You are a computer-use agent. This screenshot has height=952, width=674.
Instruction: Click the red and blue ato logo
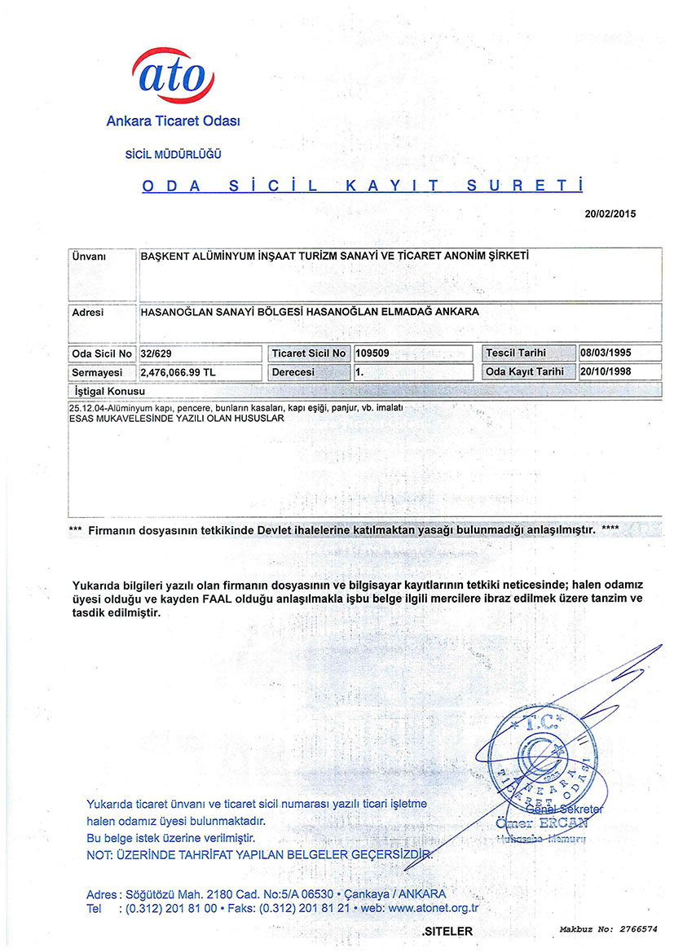[173, 75]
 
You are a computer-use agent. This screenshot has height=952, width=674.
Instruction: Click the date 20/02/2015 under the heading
[610, 214]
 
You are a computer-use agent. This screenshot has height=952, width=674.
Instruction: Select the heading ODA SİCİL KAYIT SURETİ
[363, 186]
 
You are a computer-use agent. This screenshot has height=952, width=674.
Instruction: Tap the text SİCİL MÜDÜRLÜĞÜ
[173, 154]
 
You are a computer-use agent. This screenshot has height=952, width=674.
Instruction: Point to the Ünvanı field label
[89, 256]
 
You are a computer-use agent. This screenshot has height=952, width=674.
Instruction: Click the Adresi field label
[88, 312]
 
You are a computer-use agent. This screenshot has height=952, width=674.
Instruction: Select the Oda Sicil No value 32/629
[157, 353]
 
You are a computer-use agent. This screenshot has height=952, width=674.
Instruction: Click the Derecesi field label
[294, 372]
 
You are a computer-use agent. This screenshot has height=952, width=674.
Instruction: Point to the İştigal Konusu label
[109, 392]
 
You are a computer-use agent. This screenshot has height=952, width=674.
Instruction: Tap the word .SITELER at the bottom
[447, 930]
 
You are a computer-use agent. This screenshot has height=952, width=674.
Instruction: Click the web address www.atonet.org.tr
[433, 907]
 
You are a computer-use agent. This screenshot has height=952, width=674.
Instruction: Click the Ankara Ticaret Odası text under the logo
[173, 121]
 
